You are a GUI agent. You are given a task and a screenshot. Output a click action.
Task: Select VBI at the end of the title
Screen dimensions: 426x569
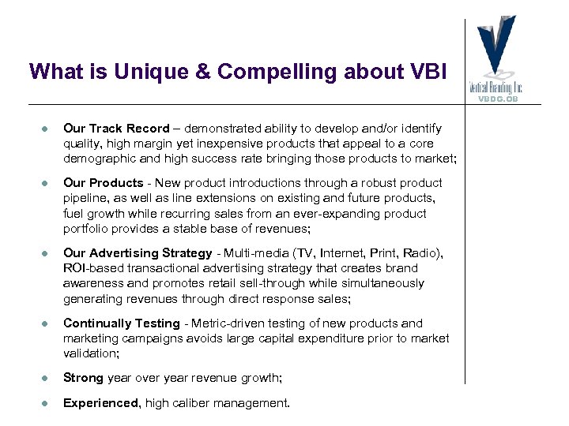click(x=430, y=72)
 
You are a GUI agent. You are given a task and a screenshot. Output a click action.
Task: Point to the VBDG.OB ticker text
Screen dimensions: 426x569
click(x=499, y=99)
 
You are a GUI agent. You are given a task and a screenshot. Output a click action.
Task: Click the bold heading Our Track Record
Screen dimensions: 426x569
click(x=116, y=128)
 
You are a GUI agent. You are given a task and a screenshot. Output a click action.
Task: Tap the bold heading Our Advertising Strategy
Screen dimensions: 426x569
click(x=138, y=252)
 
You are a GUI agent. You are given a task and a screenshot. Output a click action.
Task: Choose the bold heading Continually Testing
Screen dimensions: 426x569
click(x=121, y=323)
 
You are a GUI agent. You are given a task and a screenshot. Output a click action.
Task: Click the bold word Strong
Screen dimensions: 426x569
click(x=83, y=378)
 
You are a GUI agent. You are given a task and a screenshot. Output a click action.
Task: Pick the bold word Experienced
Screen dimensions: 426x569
click(x=102, y=403)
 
